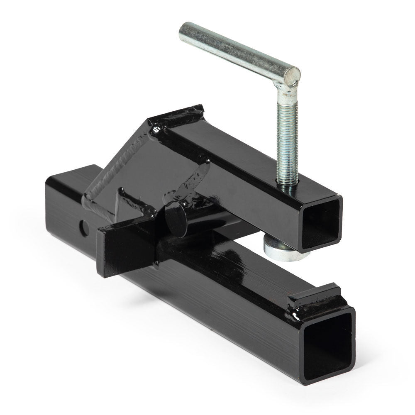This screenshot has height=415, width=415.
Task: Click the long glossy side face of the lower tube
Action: coord(232,299)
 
